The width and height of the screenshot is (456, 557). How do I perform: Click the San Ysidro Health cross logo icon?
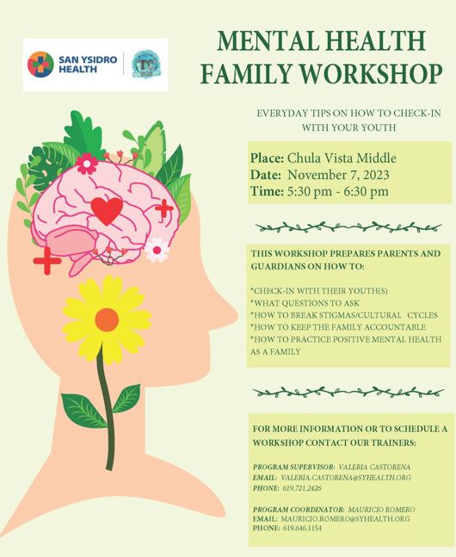40,65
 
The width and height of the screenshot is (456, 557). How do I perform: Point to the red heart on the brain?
107,211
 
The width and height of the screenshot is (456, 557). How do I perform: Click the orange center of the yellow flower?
107,319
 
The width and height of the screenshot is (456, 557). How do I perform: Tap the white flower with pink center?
157,250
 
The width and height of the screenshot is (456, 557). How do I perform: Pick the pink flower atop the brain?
87,164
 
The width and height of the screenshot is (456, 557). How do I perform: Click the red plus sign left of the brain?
46,261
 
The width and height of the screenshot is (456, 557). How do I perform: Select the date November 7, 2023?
338,175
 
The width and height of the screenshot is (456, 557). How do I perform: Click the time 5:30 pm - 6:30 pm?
338,191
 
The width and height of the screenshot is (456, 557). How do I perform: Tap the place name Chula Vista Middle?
342,158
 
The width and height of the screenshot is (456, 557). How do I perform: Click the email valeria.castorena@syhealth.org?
346,478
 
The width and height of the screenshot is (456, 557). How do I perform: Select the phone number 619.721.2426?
302,488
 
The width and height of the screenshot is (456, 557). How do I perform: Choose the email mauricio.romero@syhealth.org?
345,519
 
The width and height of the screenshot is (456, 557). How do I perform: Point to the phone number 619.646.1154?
302,529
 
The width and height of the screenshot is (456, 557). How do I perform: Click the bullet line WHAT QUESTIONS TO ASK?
305,303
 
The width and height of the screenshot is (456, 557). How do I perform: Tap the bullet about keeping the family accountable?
338,327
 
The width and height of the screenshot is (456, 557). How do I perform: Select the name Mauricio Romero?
381,510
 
